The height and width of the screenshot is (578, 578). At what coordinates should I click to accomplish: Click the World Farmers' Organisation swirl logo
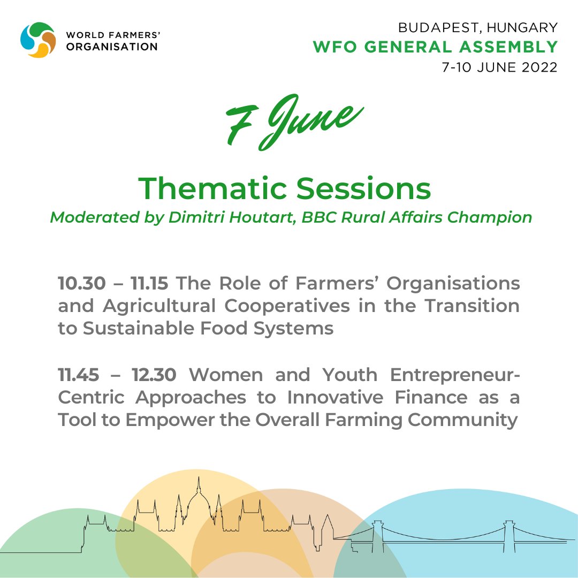(x=38, y=40)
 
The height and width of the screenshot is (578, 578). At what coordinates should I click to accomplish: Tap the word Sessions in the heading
(x=363, y=188)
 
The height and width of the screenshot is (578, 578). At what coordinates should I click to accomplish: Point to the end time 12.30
(x=155, y=375)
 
